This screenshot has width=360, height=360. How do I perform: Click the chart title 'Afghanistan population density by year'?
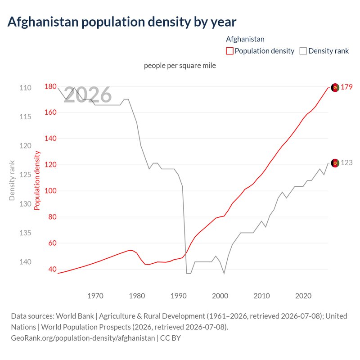122,22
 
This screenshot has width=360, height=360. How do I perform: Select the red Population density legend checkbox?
229,51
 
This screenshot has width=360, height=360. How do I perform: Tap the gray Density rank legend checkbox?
303,51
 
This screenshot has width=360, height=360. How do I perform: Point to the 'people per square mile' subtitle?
180,66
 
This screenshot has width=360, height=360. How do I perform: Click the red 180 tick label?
50,86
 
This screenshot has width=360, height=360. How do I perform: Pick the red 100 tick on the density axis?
50,190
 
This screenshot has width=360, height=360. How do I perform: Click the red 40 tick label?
52,269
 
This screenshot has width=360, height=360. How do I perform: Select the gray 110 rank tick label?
25,88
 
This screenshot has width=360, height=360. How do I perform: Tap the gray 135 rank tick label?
25,233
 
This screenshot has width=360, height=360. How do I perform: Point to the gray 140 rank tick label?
25,262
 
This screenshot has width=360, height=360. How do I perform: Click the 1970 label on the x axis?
95,296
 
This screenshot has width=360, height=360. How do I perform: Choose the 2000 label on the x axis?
220,296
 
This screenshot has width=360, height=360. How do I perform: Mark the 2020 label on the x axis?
303,296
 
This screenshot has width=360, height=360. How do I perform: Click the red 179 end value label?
346,87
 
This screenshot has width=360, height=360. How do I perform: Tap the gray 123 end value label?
346,162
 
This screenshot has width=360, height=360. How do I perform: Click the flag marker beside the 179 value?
335,87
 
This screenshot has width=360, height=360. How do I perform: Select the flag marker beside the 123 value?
335,163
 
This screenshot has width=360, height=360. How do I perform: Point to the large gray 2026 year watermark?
88,94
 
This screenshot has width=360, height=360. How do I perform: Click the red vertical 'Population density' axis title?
37,180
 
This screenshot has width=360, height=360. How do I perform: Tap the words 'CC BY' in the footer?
171,338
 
